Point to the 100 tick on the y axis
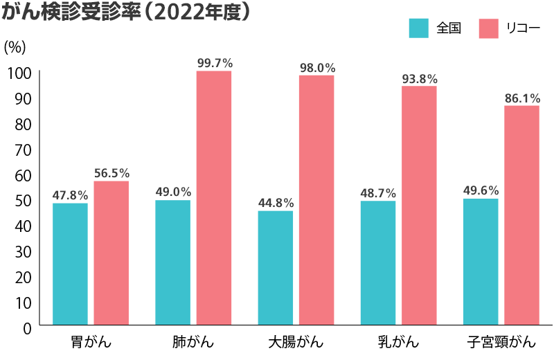pyautogui.click(x=20, y=73)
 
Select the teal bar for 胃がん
pyautogui.click(x=70, y=264)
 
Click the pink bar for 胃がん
pyautogui.click(x=111, y=253)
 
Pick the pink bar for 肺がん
pyautogui.click(x=214, y=198)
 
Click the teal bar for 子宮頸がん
pyautogui.click(x=481, y=262)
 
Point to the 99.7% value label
pyautogui.click(x=215, y=63)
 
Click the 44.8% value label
pyautogui.click(x=276, y=203)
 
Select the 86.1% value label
pyautogui.click(x=522, y=98)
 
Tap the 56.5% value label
pyautogui.click(x=111, y=173)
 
